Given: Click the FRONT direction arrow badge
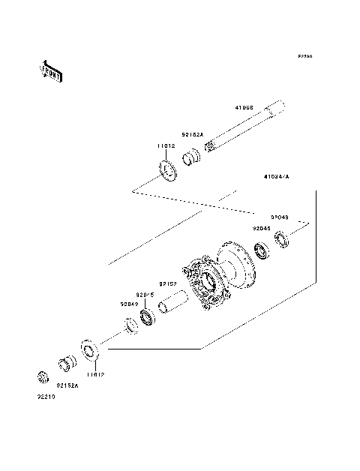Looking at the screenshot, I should (x=50, y=71).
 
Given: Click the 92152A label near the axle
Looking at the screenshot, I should (x=191, y=135).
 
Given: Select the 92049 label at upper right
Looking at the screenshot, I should (x=279, y=217).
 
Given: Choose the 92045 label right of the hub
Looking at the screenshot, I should (x=260, y=228).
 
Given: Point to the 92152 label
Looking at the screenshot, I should (x=167, y=284).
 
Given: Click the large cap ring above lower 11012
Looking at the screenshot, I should (x=89, y=351).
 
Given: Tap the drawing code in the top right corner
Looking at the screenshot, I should (x=304, y=56).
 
